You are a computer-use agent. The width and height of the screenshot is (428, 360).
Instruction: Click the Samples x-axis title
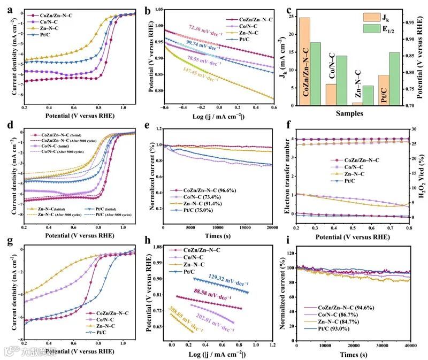[x=351, y=113]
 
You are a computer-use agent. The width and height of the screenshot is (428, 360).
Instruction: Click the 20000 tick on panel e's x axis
[x=272, y=227]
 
